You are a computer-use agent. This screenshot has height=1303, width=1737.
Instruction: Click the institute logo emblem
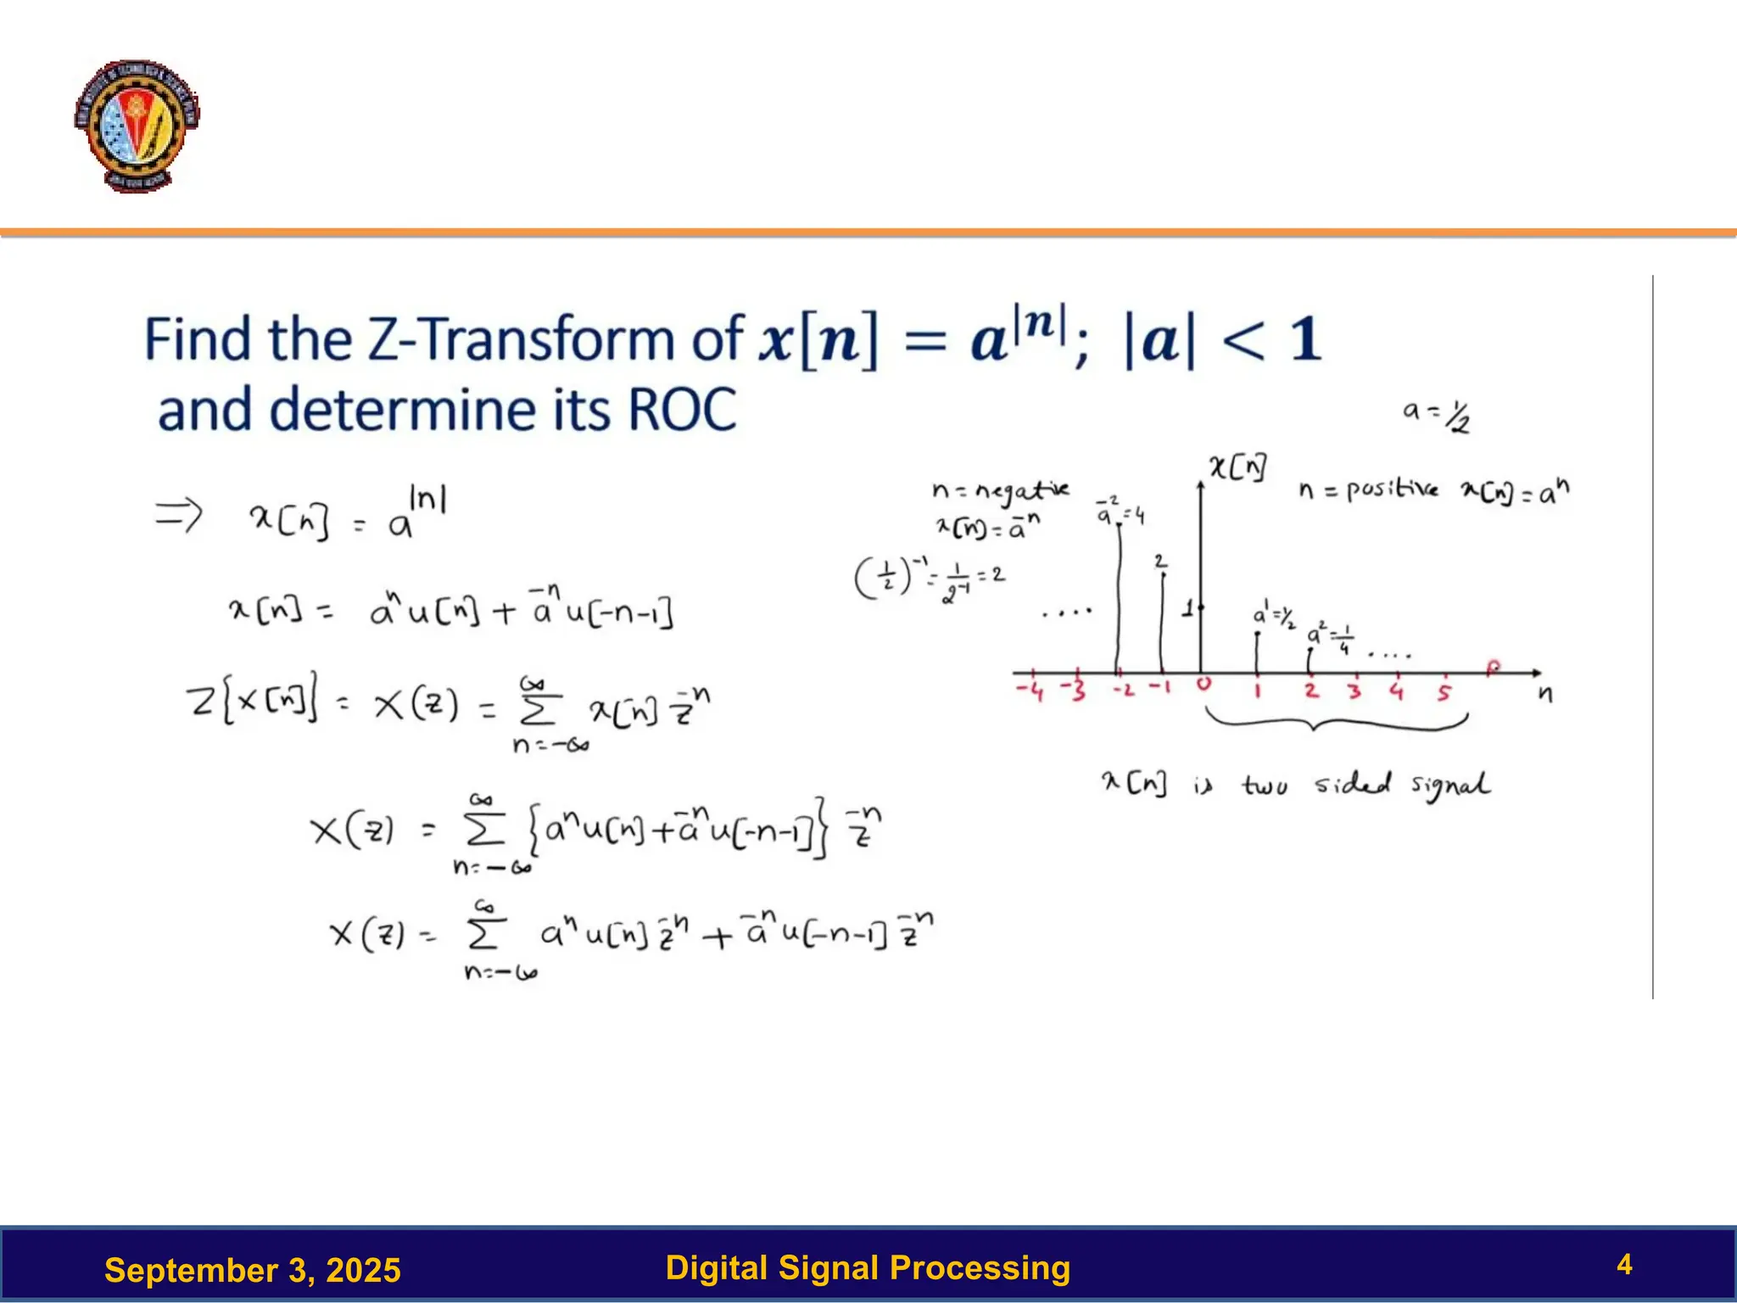[x=137, y=126]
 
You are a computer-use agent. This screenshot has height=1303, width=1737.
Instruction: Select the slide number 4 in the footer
[x=1624, y=1265]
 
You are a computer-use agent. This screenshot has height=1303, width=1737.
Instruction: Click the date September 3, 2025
[x=252, y=1270]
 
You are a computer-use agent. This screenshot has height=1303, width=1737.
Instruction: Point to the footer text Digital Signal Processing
[x=868, y=1267]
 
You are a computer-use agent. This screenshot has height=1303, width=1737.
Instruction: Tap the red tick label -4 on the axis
[x=1030, y=691]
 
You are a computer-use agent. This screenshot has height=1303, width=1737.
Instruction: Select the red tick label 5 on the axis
[x=1444, y=692]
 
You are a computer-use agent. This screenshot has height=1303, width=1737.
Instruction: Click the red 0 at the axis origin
[x=1204, y=684]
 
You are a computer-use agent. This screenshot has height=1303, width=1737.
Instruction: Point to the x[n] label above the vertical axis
[x=1238, y=467]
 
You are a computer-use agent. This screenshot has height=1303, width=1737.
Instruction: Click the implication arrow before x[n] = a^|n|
[x=179, y=514]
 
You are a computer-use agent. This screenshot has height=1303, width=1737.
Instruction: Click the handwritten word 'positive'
[x=1392, y=489]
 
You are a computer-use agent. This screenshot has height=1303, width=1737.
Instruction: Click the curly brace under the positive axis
[x=1336, y=724]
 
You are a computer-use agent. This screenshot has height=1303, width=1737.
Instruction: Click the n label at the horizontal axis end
[x=1545, y=695]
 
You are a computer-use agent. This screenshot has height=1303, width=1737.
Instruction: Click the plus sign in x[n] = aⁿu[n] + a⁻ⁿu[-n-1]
[x=504, y=612]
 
